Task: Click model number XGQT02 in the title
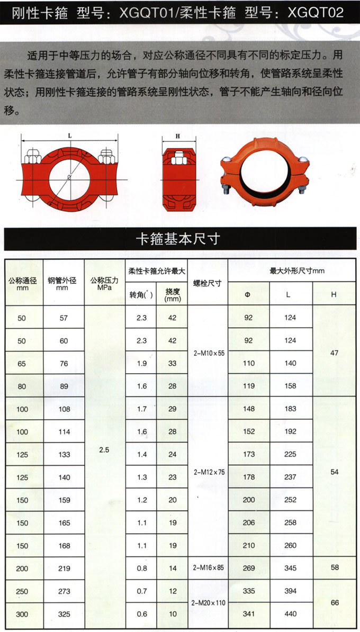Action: coord(316,12)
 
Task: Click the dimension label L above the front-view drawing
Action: coord(70,136)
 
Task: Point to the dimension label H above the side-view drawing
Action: coord(178,136)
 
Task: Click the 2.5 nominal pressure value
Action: coord(104,450)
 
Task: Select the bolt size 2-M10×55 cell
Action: coord(208,352)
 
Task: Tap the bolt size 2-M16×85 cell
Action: coord(208,568)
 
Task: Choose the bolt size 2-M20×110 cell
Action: coord(208,602)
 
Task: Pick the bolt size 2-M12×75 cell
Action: coord(208,471)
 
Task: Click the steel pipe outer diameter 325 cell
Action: coord(64,614)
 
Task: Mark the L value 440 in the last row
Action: coord(291,614)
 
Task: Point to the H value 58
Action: coord(334,568)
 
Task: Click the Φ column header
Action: coord(248,294)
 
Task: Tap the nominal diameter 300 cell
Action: coord(22,614)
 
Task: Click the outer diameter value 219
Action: coord(64,568)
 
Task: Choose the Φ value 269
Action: coord(248,568)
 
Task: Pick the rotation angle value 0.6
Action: coord(141,614)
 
